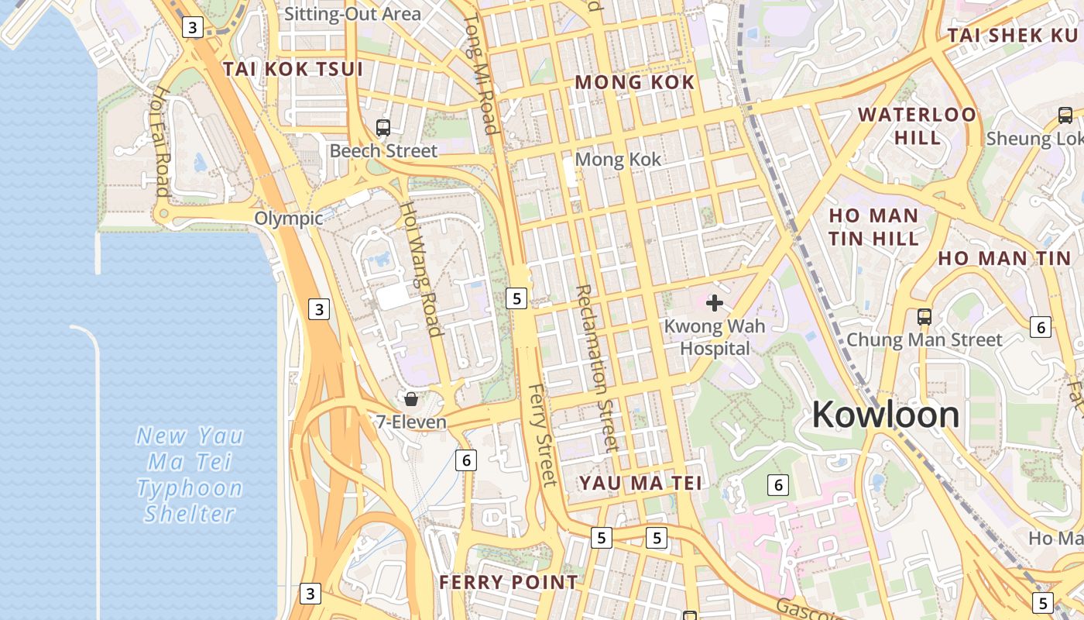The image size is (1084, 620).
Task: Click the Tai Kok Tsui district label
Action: (x=293, y=69)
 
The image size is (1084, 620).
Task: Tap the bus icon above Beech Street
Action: (x=382, y=128)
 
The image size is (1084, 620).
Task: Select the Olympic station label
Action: (x=289, y=219)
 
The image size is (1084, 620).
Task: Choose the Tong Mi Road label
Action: (x=480, y=74)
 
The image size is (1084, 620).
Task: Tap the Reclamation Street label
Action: (x=597, y=367)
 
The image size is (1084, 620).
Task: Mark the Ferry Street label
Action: (x=542, y=435)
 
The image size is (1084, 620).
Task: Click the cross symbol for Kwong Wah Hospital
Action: (x=715, y=302)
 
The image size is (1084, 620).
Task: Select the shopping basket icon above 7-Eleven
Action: (x=411, y=399)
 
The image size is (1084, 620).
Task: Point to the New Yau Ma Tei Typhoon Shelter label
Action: (x=190, y=474)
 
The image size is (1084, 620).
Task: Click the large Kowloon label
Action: (x=885, y=415)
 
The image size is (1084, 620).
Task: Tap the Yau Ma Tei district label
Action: (x=640, y=483)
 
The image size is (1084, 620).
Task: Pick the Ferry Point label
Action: (x=508, y=582)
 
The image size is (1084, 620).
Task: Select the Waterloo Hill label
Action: (x=917, y=126)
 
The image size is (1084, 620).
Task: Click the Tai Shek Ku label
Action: (x=1012, y=36)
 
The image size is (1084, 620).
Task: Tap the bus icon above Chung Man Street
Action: (x=924, y=316)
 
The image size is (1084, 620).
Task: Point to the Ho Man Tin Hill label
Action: (x=873, y=226)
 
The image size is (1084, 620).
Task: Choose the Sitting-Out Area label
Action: (x=352, y=14)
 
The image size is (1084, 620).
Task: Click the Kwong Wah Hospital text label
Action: (x=715, y=337)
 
